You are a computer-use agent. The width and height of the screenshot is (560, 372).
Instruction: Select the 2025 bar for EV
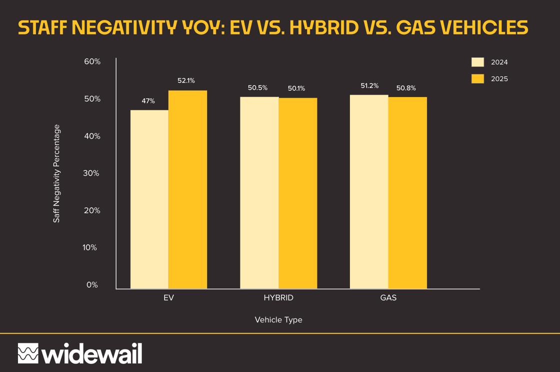(x=187, y=190)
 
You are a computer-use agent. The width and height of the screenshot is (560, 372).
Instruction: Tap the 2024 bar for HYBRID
(x=259, y=193)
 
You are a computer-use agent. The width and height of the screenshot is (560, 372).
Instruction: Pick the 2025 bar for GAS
(x=407, y=193)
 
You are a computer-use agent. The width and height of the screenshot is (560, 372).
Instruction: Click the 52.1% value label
(x=186, y=80)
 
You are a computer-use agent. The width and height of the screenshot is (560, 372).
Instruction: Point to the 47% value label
(x=148, y=101)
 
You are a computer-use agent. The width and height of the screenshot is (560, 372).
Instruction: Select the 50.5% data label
(x=257, y=88)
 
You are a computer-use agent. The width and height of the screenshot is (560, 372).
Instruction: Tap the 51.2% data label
(x=369, y=86)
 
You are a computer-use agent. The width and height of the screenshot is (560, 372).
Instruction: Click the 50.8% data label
(x=406, y=88)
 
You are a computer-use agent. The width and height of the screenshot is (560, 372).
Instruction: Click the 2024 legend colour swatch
(x=477, y=62)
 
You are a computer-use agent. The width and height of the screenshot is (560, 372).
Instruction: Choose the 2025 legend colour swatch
(x=477, y=79)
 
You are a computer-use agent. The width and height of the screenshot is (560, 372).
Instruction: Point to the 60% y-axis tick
(x=92, y=62)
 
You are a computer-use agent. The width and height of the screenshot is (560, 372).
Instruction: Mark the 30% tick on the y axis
(x=92, y=173)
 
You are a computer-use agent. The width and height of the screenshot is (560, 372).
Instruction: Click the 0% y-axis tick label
(x=92, y=285)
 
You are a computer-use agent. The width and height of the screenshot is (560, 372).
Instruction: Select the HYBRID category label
(x=278, y=298)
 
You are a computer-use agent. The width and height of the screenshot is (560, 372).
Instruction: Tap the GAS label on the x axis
(x=388, y=298)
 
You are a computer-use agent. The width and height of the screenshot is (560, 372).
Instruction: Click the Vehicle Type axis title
(x=278, y=319)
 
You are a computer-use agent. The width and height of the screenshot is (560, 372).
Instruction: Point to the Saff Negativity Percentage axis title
(x=56, y=174)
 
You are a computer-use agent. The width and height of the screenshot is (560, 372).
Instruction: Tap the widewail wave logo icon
(x=27, y=353)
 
